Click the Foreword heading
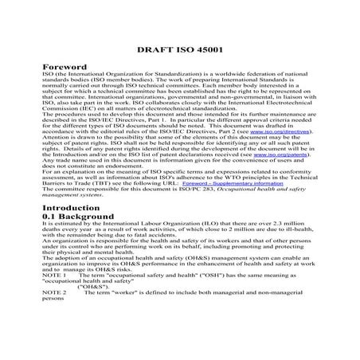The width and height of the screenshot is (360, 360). pos(66,68)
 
